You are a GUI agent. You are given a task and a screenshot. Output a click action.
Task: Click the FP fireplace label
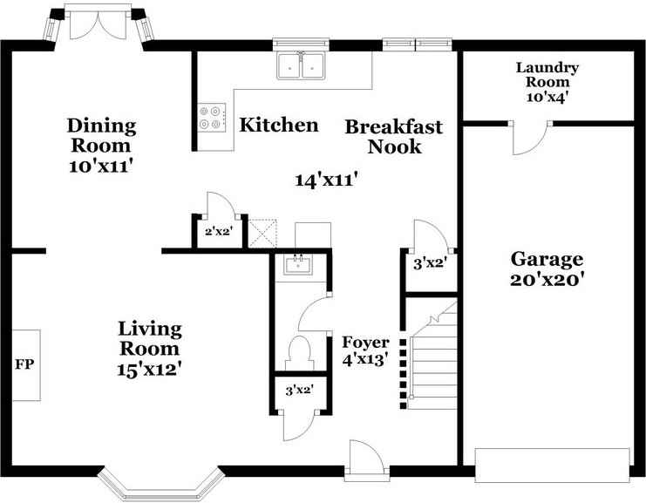click(x=24, y=364)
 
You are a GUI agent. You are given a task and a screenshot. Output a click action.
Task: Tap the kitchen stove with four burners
click(x=212, y=118)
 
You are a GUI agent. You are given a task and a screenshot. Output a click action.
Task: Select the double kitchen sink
click(x=301, y=65)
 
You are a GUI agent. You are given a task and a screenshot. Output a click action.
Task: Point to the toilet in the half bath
click(x=300, y=353)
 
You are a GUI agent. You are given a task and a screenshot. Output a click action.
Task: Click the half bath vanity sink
click(x=298, y=264)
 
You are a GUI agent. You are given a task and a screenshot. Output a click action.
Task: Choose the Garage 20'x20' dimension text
click(x=547, y=281)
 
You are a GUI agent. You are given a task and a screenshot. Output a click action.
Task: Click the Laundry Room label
click(x=547, y=74)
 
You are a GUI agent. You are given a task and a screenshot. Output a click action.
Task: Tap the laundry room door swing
click(x=530, y=138)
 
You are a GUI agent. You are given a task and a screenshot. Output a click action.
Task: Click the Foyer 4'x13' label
click(x=366, y=351)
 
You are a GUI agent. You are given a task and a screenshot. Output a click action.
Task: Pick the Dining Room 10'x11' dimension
click(x=102, y=167)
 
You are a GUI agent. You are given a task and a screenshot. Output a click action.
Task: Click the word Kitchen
click(x=279, y=125)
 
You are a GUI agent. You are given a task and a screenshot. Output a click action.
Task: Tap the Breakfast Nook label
click(x=394, y=137)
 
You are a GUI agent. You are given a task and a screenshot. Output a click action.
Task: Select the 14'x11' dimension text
click(x=325, y=180)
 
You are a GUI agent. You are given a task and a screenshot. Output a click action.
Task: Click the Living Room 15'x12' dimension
click(x=150, y=369)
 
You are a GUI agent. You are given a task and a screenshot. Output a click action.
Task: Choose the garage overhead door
click(x=553, y=466)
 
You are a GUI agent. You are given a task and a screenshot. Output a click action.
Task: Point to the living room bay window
click(x=161, y=485)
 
